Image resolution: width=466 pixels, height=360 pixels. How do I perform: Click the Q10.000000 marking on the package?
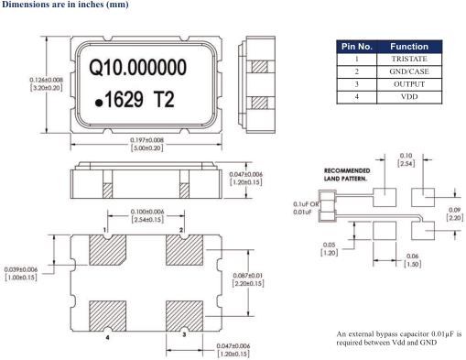tap(137, 67)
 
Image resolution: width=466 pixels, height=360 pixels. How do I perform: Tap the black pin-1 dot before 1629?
tap(99, 103)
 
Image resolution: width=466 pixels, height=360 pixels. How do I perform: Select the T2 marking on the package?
tap(165, 99)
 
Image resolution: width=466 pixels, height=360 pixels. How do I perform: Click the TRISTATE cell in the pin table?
tap(409, 59)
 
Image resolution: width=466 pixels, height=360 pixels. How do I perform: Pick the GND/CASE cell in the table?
tap(409, 71)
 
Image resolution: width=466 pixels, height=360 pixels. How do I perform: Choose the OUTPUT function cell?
tap(409, 84)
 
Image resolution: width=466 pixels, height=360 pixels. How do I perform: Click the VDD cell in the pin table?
tap(409, 97)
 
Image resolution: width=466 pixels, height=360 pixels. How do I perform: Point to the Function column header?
tap(409, 47)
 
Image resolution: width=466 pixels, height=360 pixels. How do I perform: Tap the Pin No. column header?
tap(357, 47)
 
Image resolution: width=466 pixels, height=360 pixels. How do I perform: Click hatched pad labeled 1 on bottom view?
tap(107, 250)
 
